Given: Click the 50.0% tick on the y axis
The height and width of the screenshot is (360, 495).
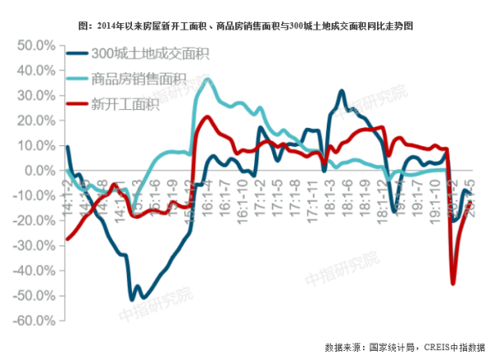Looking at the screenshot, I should tap(33, 45).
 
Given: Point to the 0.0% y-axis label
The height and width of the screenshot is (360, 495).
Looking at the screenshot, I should tap(38, 170).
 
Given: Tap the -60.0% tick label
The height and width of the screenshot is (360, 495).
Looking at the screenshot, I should tap(31, 320).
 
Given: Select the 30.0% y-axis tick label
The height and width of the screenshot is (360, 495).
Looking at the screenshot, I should tap(33, 95).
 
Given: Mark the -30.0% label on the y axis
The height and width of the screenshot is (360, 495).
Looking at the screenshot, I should tap(31, 245).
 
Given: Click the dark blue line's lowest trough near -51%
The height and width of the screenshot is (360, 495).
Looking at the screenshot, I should tap(132, 298).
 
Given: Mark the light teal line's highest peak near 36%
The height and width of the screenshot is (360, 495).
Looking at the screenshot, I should tap(207, 79).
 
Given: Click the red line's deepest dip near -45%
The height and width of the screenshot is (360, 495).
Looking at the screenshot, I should tap(453, 283).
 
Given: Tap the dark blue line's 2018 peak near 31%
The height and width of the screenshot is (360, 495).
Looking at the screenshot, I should tap(342, 91).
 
